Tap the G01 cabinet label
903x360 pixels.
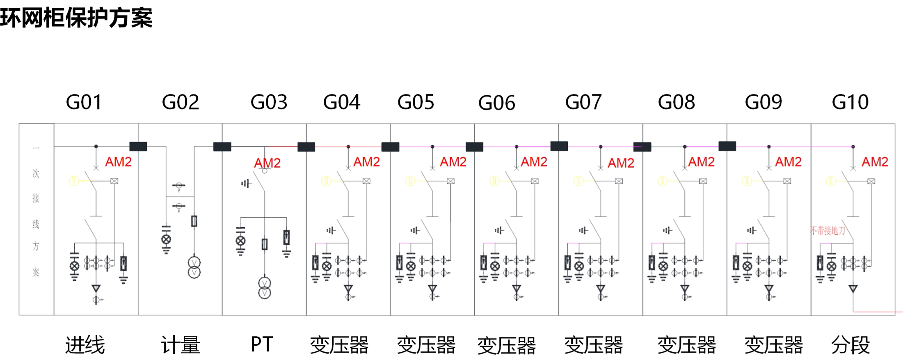(x=84, y=102)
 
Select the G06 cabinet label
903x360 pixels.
(x=496, y=103)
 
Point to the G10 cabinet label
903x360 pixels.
(x=850, y=102)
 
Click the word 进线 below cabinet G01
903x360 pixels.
(x=85, y=345)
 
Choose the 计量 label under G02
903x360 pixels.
(x=181, y=345)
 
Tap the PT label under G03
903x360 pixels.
(x=262, y=344)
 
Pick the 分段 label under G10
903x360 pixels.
(x=850, y=345)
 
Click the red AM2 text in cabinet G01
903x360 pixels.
(x=118, y=162)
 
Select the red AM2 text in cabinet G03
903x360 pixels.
(x=267, y=163)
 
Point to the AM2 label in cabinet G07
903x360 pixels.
(x=621, y=163)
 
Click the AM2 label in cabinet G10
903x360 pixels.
(x=875, y=162)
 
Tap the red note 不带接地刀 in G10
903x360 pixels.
(x=828, y=231)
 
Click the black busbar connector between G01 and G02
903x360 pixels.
(x=138, y=147)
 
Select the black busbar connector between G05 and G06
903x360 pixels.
(x=474, y=147)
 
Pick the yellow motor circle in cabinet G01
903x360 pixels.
(x=74, y=181)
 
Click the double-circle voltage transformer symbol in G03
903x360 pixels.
(x=265, y=288)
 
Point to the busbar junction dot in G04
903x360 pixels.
(x=348, y=147)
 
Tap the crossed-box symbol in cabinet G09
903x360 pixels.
(x=787, y=181)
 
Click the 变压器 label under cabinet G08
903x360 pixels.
(x=687, y=345)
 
